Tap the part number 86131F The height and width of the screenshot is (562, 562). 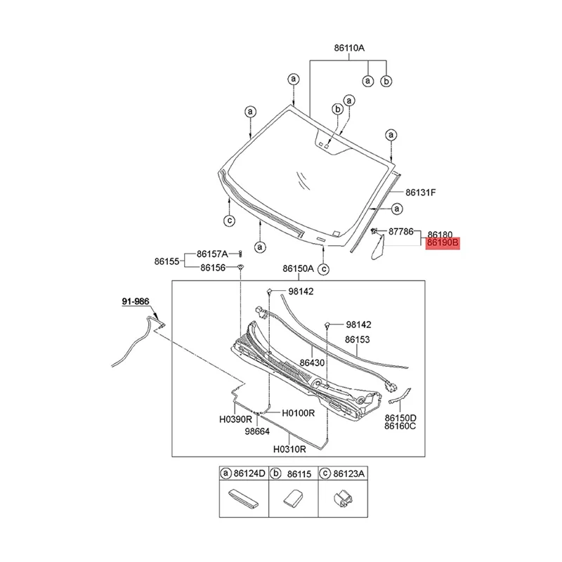[x=420, y=191]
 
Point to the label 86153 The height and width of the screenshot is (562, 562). [x=357, y=339]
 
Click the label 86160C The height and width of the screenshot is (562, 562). [x=400, y=426]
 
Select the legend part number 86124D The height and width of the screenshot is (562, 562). [x=250, y=474]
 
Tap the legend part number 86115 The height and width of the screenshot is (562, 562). [x=301, y=474]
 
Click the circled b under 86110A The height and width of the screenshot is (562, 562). [x=386, y=81]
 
